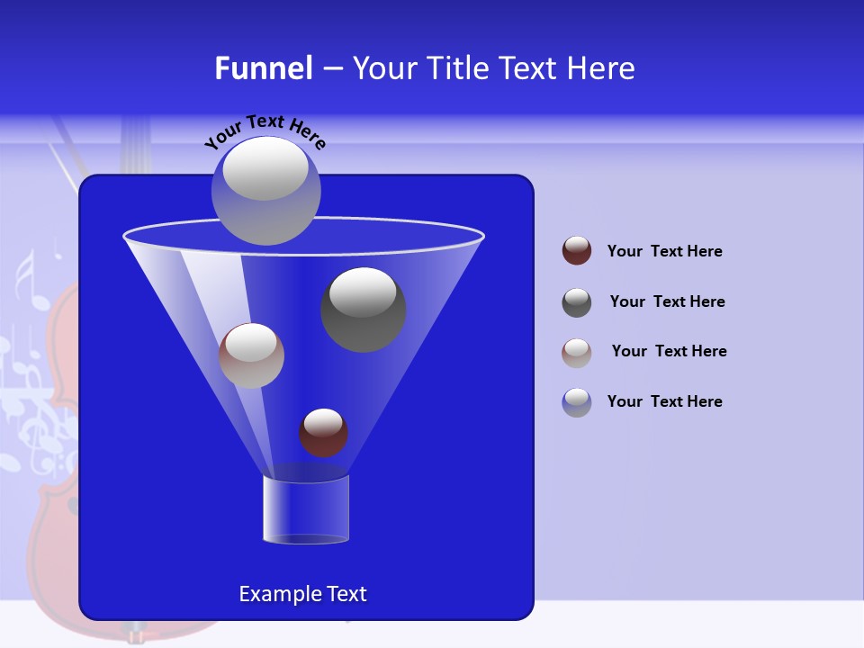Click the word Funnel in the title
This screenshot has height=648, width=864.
263,68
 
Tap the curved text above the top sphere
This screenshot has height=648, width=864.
265,131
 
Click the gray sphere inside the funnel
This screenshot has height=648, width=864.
364,310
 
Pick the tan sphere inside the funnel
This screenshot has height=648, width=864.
251,355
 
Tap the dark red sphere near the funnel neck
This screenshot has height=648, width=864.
323,433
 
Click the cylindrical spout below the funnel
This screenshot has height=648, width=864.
306,509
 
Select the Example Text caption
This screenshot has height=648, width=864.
302,594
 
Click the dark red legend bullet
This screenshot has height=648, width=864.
577,251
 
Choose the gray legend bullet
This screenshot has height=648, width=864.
577,302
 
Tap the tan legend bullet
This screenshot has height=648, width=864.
577,352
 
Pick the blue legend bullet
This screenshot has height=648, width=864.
577,402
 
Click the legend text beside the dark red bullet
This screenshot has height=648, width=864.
664,251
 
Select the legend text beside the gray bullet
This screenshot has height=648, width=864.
667,301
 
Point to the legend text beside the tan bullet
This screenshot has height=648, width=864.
669,351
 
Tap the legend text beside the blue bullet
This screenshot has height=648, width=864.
664,401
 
